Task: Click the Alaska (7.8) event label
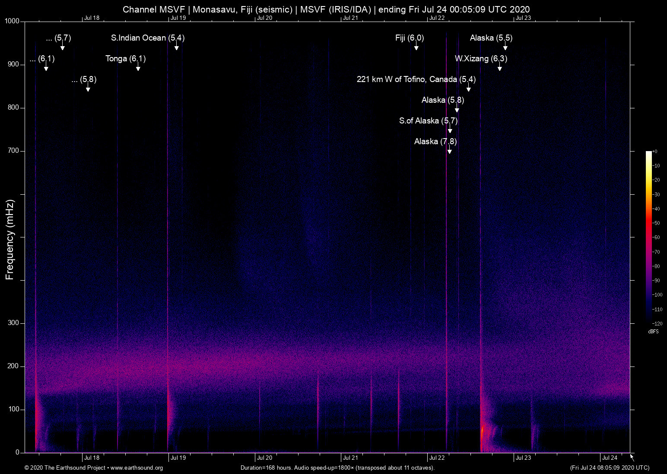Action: [x=435, y=142]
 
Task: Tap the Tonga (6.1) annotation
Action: [x=125, y=59]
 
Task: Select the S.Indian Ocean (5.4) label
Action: [x=147, y=38]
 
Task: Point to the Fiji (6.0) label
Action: [x=409, y=38]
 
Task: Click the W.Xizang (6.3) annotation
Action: [x=481, y=59]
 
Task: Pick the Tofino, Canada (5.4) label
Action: [x=416, y=79]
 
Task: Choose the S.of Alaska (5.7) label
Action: [x=428, y=121]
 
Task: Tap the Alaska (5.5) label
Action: [x=491, y=38]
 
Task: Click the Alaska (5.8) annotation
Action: [x=442, y=100]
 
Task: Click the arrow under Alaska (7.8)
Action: [x=450, y=150]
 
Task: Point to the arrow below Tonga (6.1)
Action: [x=138, y=67]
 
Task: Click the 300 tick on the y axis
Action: [x=14, y=323]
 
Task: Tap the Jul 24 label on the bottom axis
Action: [x=610, y=458]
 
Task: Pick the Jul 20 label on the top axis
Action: [x=264, y=18]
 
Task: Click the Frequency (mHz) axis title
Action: [x=10, y=240]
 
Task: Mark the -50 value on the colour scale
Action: [x=656, y=223]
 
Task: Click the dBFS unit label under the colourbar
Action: [x=653, y=332]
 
